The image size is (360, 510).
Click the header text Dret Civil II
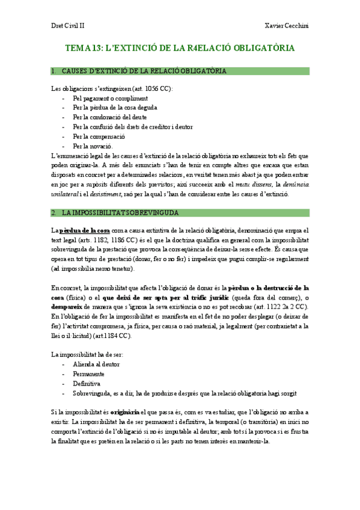pyautogui.click(x=67, y=26)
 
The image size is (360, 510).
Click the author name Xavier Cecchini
pyautogui.click(x=287, y=26)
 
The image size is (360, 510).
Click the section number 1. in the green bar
pyautogui.click(x=55, y=71)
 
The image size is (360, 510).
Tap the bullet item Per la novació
pyautogui.click(x=92, y=146)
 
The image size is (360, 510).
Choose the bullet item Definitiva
pyautogui.click(x=87, y=383)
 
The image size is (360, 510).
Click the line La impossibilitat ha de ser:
pyautogui.click(x=87, y=355)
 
